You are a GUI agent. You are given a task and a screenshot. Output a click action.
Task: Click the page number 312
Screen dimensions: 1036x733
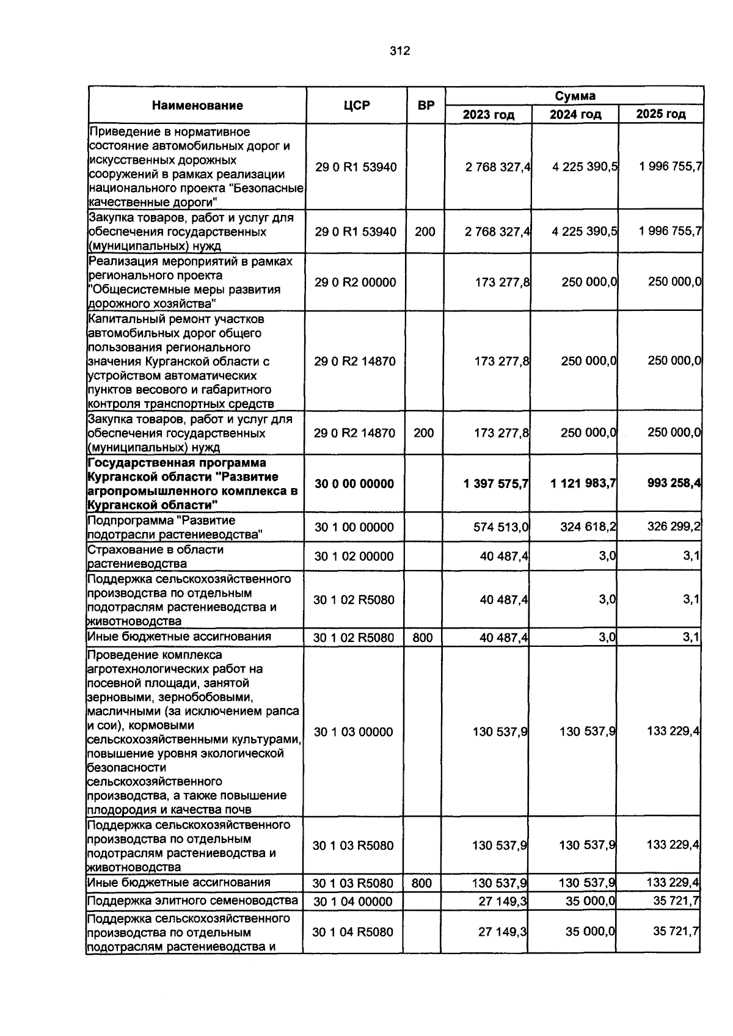(400, 51)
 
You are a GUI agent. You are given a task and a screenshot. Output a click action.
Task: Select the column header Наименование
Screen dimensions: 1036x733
(197, 106)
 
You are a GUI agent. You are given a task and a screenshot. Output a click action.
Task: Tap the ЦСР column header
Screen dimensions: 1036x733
(357, 106)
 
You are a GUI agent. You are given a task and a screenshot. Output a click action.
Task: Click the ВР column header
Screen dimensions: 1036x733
(426, 106)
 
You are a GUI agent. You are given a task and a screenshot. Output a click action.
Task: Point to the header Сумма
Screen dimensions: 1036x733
(575, 96)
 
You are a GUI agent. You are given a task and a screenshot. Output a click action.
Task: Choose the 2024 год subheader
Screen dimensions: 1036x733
(575, 114)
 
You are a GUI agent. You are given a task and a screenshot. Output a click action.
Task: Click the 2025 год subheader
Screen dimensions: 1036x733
(661, 114)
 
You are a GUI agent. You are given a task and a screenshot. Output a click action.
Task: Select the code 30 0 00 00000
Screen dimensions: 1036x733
(354, 484)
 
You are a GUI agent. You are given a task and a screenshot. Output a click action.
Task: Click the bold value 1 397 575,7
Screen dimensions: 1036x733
(496, 484)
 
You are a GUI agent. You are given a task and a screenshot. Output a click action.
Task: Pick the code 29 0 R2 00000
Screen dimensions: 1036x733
(355, 282)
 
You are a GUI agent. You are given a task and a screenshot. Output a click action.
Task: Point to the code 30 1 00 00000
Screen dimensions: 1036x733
(354, 527)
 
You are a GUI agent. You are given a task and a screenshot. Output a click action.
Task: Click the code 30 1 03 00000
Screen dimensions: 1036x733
(353, 732)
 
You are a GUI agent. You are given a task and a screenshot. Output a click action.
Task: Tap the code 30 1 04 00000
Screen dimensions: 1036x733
(352, 902)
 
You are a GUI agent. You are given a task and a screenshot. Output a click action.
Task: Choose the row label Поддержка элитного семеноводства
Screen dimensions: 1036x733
(192, 901)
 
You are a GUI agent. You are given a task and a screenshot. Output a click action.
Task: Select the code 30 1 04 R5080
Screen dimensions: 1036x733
(352, 932)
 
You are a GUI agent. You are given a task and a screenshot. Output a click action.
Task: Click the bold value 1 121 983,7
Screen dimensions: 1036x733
(583, 484)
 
